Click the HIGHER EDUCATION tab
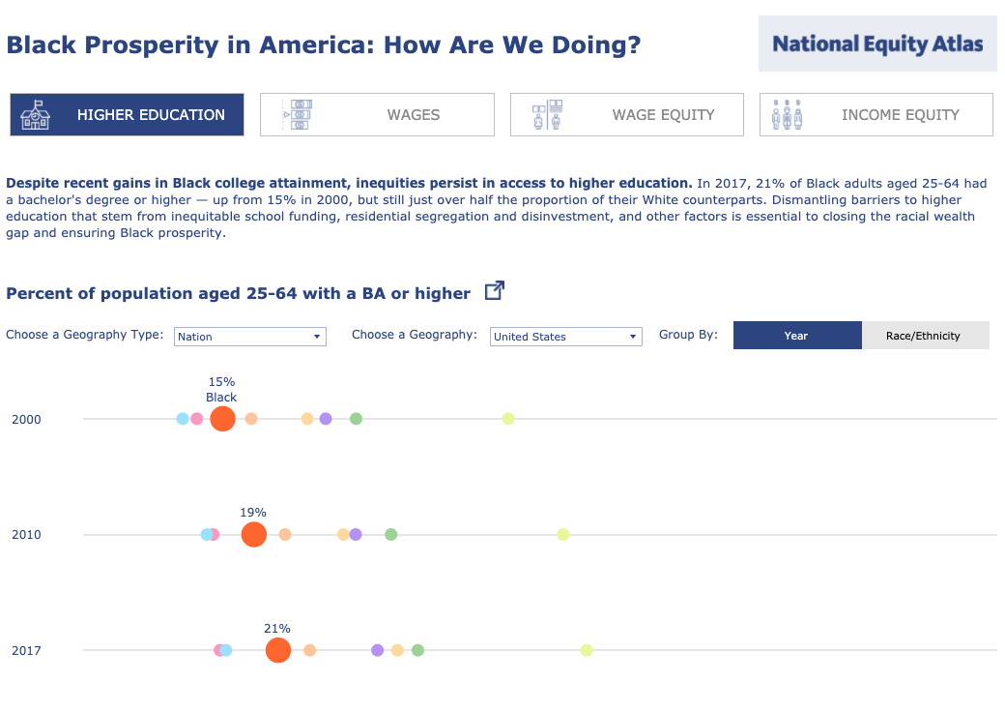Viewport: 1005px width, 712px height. point(127,114)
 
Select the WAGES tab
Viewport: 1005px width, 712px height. point(377,114)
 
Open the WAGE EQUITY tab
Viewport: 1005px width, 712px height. point(627,114)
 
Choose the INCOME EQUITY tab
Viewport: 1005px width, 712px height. point(876,114)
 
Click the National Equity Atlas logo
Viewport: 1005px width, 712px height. point(877,44)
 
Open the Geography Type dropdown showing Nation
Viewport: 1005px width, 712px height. point(250,337)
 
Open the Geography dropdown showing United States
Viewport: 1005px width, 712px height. point(565,337)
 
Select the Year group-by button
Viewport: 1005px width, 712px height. point(797,336)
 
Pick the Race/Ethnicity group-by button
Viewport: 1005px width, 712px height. point(924,336)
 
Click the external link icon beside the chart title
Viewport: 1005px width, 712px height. point(494,290)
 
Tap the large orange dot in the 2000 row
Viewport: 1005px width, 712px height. point(222,419)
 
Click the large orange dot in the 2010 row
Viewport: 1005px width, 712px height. point(253,534)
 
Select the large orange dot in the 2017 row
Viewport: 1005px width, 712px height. point(277,650)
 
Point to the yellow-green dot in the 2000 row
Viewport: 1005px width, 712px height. point(508,419)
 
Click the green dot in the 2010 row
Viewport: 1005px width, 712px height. point(391,534)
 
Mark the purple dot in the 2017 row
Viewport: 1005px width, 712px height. point(377,650)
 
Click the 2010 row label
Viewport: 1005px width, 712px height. point(26,535)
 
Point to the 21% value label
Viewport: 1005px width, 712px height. point(277,628)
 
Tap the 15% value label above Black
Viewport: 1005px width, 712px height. point(221,381)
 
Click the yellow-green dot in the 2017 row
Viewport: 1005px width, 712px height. point(586,650)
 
